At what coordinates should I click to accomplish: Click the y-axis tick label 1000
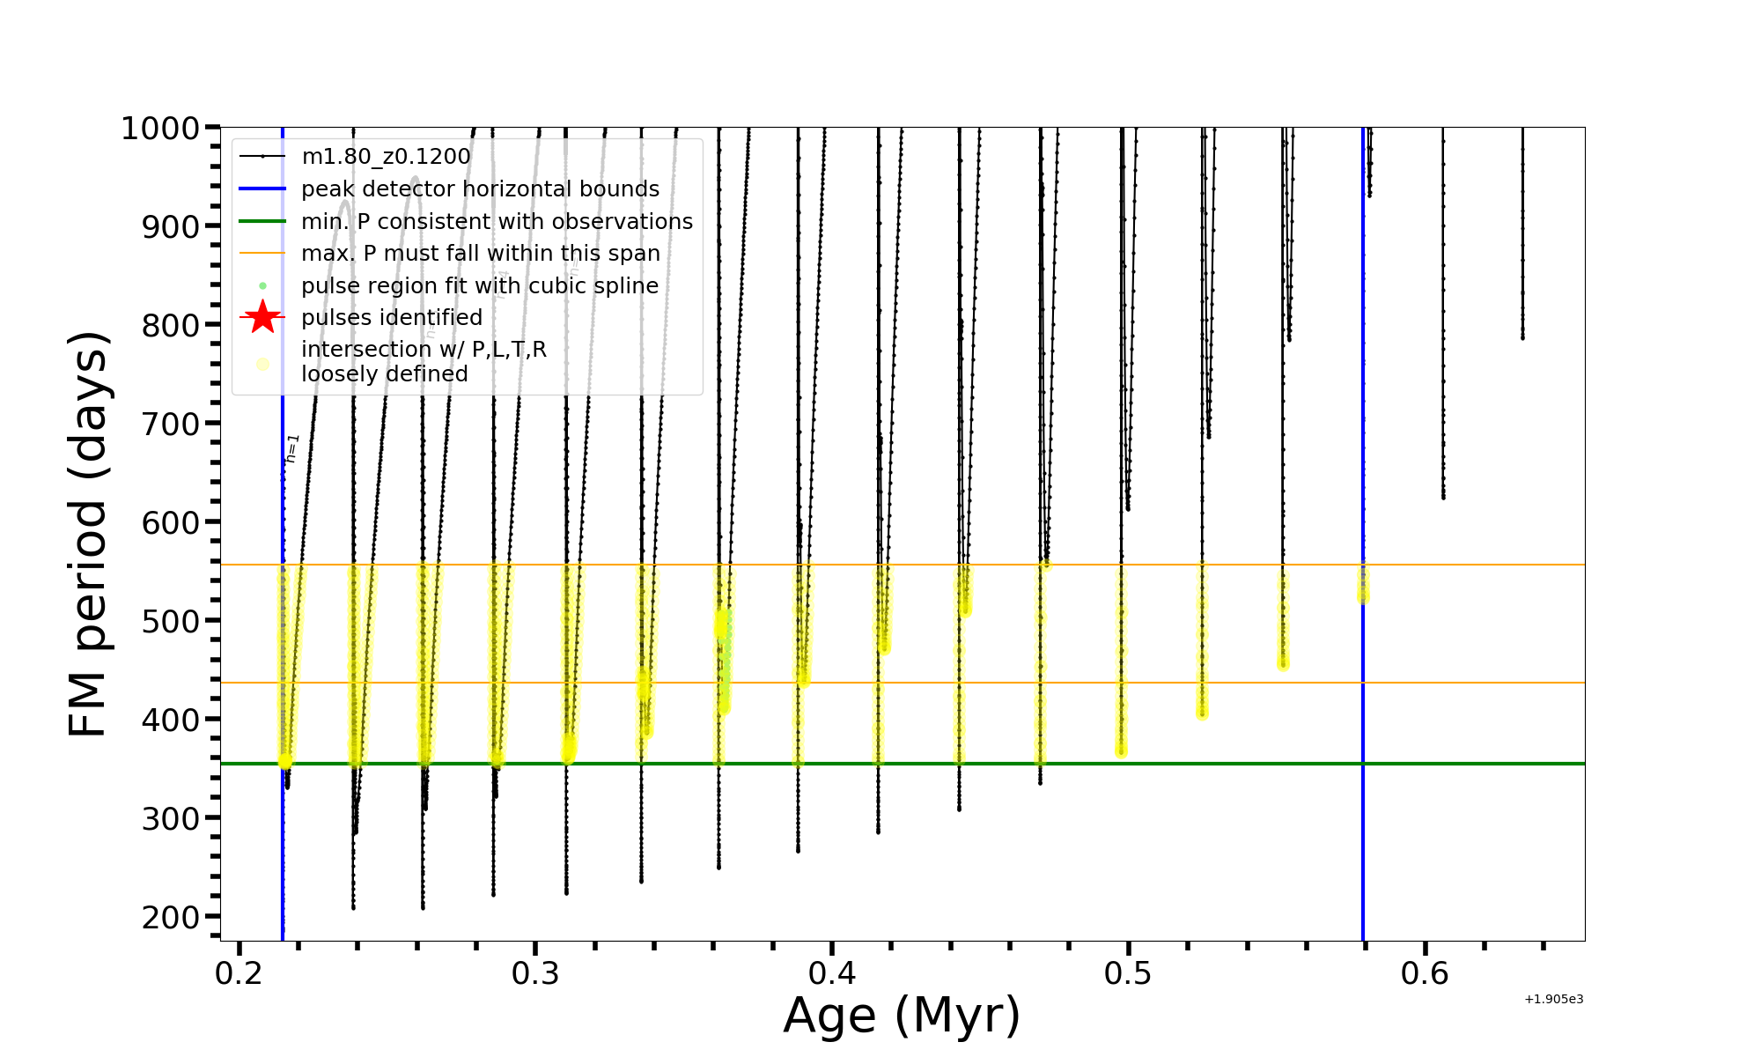coord(160,129)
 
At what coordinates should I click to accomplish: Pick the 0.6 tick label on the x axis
coord(1425,974)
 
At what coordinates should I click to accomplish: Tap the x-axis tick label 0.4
coord(832,974)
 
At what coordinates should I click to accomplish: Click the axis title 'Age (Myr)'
coord(902,1016)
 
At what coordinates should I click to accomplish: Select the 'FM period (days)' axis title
coord(88,534)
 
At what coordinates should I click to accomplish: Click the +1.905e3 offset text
coord(1553,1000)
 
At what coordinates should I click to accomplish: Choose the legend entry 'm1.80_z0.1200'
coord(386,157)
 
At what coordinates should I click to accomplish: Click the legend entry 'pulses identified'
coord(392,317)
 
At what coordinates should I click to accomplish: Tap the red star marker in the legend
coord(262,317)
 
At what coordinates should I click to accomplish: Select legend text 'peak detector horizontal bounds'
coord(480,189)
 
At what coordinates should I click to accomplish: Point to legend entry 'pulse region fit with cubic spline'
coord(480,286)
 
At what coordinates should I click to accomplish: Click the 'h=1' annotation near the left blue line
coord(292,447)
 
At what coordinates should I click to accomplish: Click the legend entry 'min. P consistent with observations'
coord(497,222)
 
